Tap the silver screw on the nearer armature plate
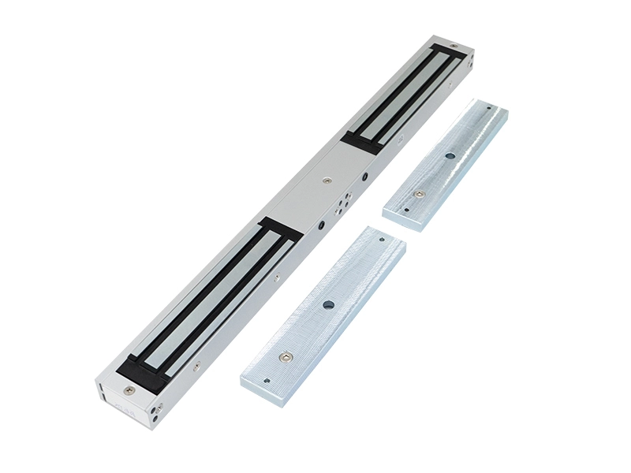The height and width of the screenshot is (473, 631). click(x=286, y=357)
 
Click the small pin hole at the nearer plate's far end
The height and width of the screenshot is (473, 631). click(x=382, y=239)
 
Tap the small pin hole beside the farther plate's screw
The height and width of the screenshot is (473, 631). click(x=405, y=210)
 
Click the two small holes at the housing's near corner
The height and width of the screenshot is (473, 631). click(x=158, y=411)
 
